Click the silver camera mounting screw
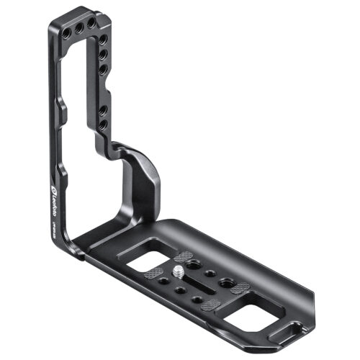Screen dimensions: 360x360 (176, 272)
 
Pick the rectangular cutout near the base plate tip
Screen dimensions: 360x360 (246, 314)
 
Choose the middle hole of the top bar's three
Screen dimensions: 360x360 (77, 26)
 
